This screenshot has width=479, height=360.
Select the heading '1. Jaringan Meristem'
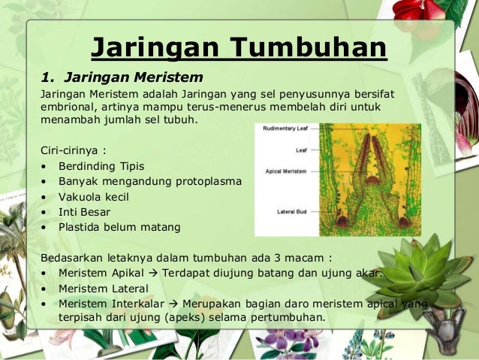122,77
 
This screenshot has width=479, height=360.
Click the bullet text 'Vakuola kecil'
94,196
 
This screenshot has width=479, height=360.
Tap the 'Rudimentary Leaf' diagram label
285,129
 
